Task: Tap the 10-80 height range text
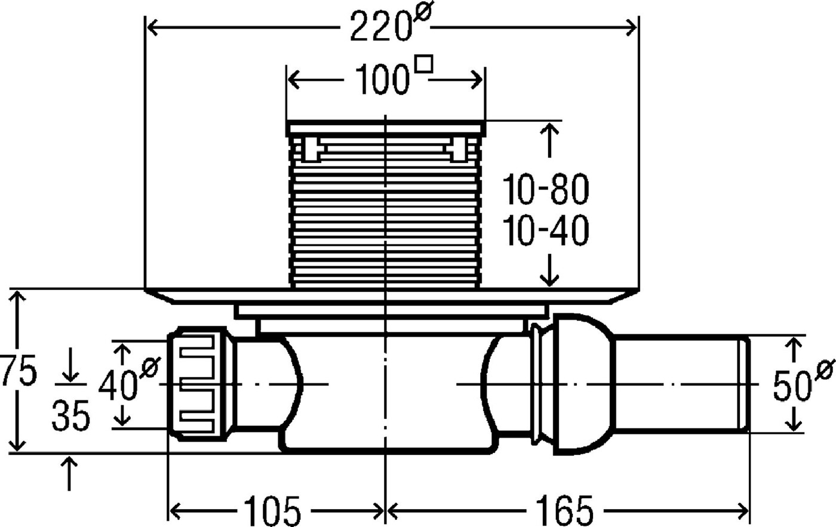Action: [x=546, y=189]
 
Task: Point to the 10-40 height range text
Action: [x=546, y=230]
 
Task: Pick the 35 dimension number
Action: [x=71, y=415]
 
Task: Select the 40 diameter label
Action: [x=129, y=380]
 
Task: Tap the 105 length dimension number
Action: [x=272, y=511]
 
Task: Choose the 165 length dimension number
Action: [x=565, y=511]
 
